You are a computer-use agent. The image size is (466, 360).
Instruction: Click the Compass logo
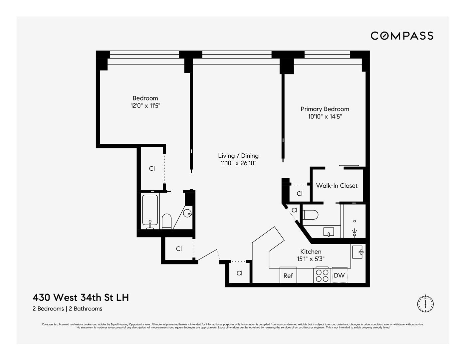[x=402, y=36]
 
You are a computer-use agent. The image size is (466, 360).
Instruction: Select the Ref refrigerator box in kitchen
[x=288, y=275]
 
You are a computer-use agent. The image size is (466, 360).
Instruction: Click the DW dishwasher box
[x=339, y=275]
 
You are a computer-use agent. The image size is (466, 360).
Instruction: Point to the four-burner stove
[x=322, y=275]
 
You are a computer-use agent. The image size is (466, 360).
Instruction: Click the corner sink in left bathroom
[x=188, y=212]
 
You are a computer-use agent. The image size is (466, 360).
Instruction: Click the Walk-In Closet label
[x=337, y=186]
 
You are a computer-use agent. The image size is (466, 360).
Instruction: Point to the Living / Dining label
[x=238, y=156]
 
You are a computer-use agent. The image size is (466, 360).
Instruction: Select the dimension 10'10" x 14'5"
[x=325, y=116]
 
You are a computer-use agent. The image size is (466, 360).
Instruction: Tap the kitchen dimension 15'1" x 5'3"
[x=311, y=259]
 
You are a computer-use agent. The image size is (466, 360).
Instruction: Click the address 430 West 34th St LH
[x=81, y=297]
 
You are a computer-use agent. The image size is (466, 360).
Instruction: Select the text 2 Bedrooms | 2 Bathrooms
[x=67, y=309]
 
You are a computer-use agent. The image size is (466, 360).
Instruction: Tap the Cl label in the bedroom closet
[x=152, y=169]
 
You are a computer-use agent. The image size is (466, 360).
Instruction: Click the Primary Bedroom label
[x=325, y=109]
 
